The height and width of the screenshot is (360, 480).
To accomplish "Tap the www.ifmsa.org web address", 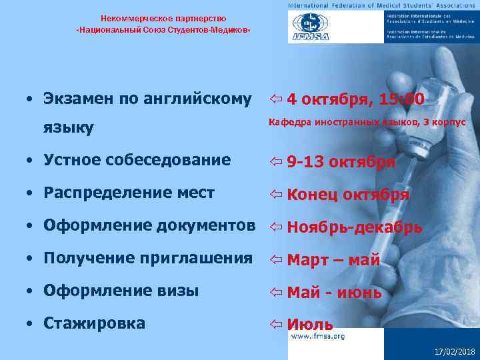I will (x=316, y=336).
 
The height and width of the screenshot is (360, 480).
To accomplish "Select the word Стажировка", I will (x=94, y=323).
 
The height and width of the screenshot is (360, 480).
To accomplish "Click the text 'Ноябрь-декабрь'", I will (x=354, y=227).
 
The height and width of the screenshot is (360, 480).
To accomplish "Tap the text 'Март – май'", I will (x=333, y=260).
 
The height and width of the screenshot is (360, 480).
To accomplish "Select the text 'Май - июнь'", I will (x=334, y=293).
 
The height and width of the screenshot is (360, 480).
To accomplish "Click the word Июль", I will (x=310, y=325).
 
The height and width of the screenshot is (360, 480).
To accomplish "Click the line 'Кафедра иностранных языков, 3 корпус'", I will (x=367, y=123).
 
